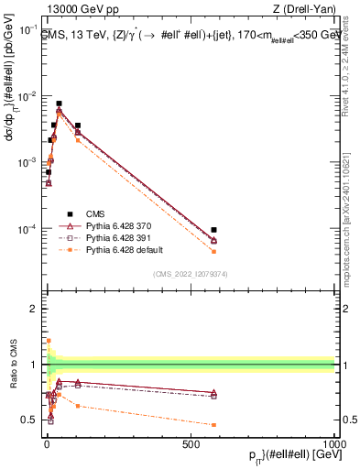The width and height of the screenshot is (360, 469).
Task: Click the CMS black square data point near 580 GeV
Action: tap(213, 230)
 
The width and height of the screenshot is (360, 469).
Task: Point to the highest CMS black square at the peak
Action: tap(60, 104)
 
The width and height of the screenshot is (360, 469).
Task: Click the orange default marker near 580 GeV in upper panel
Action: tap(213, 251)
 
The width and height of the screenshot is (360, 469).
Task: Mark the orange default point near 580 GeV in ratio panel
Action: tap(213, 424)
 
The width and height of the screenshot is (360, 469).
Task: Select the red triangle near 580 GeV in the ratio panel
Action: tap(213, 392)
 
